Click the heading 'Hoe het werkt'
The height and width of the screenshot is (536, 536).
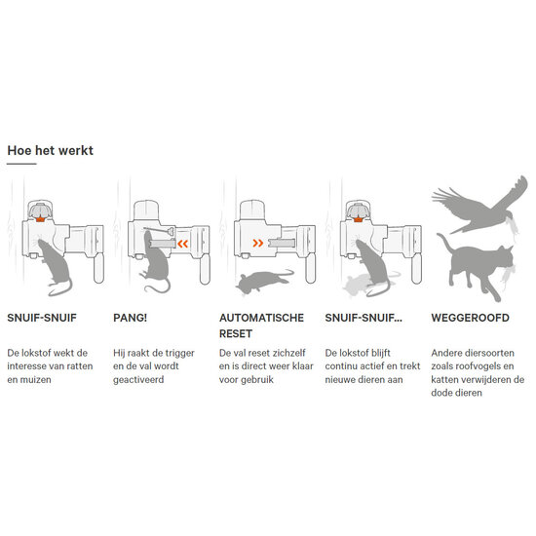51,150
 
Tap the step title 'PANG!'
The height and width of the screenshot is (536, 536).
130,318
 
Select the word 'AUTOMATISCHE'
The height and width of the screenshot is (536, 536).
261,318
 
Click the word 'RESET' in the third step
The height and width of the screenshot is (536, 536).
236,333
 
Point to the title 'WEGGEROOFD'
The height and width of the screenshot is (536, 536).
471,318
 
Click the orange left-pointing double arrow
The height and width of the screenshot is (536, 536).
183,244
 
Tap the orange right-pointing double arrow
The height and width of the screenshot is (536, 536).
258,243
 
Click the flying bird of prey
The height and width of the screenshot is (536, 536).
479,207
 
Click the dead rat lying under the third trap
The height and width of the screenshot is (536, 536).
264,281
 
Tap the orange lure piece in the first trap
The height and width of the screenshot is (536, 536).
40,219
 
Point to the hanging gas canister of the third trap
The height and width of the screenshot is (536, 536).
310,268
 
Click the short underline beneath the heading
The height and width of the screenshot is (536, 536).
21,164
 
